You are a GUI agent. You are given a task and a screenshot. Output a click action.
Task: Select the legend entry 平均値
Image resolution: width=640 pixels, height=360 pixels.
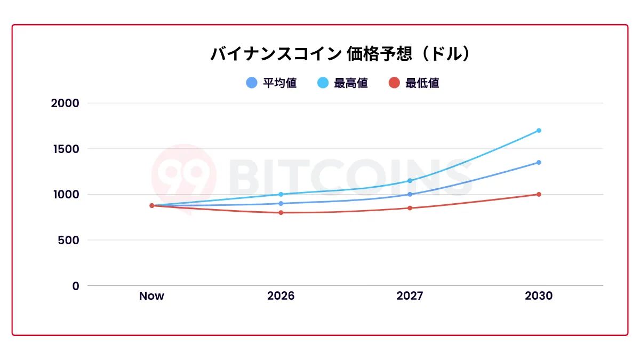click(x=272, y=83)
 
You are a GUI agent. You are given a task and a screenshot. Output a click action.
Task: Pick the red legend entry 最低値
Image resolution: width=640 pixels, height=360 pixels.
click(x=414, y=83)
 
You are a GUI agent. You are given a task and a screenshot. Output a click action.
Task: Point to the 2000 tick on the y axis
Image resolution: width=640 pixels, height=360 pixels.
click(x=65, y=103)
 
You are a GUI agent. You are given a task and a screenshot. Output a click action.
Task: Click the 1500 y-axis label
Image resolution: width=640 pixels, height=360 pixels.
click(x=65, y=149)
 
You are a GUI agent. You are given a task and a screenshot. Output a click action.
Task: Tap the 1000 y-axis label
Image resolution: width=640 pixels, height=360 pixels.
click(x=65, y=194)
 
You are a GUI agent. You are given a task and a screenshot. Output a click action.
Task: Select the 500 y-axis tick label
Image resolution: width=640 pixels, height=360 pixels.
click(x=68, y=240)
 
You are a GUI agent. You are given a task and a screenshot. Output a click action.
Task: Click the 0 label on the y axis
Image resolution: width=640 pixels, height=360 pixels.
click(x=76, y=286)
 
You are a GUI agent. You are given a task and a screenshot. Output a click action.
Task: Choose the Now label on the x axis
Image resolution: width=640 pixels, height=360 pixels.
click(x=151, y=296)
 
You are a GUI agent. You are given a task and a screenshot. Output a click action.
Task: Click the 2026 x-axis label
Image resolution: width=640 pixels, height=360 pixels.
click(x=281, y=296)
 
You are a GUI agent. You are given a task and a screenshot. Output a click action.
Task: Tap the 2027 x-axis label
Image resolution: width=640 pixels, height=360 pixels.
click(x=410, y=296)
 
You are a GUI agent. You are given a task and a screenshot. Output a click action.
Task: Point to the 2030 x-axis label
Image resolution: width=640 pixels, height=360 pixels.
click(x=539, y=296)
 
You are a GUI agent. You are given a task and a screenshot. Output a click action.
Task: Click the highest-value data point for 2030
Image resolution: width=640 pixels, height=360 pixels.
click(x=539, y=130)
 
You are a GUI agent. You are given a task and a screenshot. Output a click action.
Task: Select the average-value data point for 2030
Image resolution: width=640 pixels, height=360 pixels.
click(x=539, y=162)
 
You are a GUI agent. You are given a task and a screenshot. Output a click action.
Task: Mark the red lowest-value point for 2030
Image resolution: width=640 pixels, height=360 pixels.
click(x=539, y=194)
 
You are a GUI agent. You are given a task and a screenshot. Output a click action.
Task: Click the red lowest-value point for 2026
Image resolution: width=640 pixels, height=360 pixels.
click(x=281, y=213)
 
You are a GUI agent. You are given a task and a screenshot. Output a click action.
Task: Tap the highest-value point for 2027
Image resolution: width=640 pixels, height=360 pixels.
click(x=410, y=180)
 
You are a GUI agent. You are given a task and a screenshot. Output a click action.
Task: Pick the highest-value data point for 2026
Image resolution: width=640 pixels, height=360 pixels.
click(x=281, y=194)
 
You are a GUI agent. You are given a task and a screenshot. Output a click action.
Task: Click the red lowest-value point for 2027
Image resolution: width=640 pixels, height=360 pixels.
click(x=410, y=208)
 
